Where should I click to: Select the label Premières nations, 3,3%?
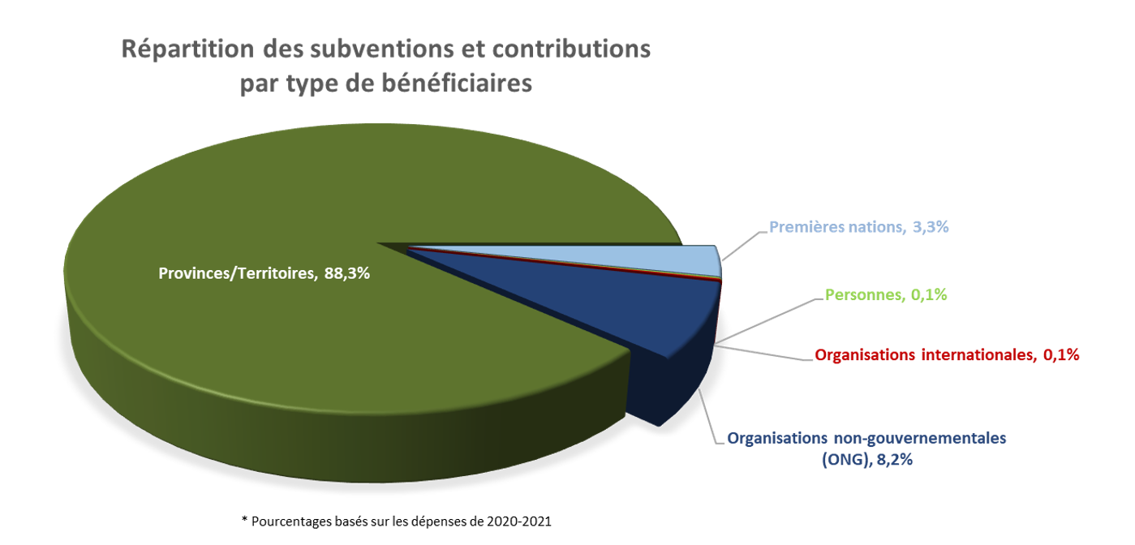(859, 227)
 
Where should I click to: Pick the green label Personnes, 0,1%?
(886, 294)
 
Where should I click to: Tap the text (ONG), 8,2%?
(866, 460)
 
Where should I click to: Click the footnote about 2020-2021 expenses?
(396, 521)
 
